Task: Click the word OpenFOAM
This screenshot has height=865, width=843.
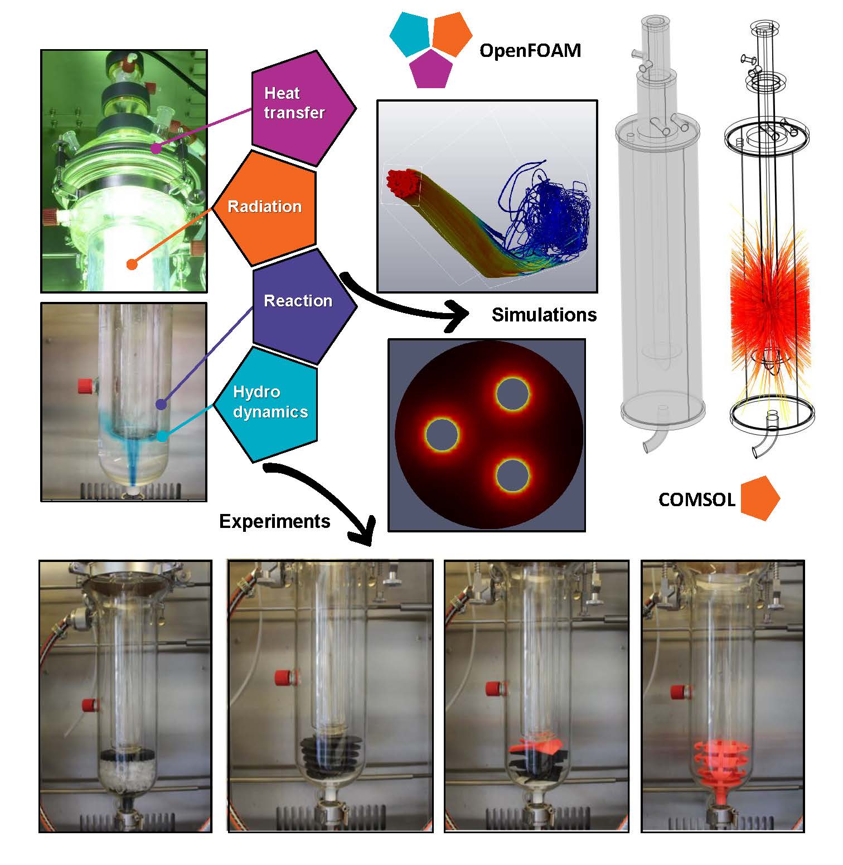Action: (x=530, y=51)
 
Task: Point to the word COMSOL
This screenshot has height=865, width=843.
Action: (x=696, y=499)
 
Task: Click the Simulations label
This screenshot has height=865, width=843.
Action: (x=544, y=315)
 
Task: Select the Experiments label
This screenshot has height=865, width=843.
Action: (x=274, y=521)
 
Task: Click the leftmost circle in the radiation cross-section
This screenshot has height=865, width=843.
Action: (x=442, y=434)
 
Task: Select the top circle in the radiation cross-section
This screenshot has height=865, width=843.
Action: (x=512, y=394)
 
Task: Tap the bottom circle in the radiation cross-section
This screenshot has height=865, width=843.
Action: (x=512, y=475)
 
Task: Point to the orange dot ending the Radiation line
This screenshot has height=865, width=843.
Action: (x=132, y=264)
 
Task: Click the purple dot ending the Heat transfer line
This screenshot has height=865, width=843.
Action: (x=157, y=148)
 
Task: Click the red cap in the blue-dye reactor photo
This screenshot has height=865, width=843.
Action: (x=85, y=385)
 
